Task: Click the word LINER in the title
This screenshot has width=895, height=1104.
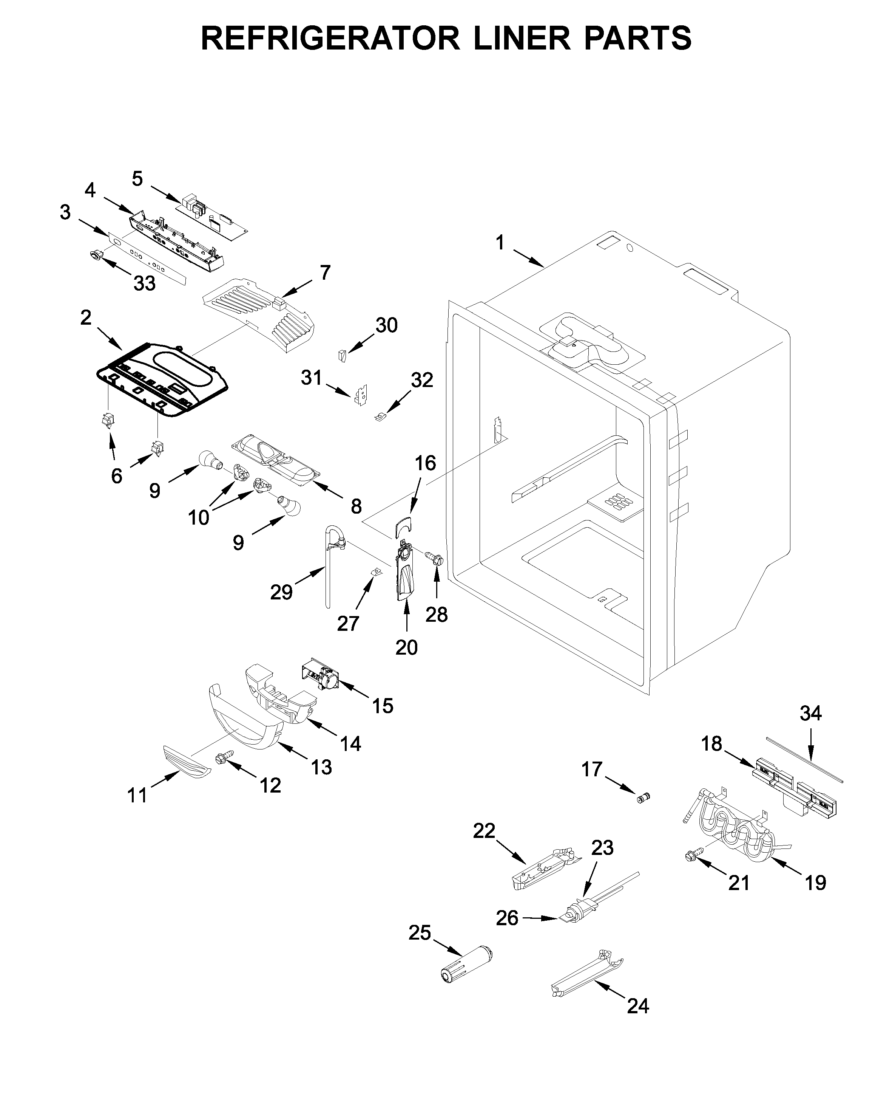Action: click(x=522, y=38)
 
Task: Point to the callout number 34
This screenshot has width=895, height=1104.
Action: click(x=810, y=714)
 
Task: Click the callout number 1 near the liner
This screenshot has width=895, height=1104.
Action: click(x=500, y=243)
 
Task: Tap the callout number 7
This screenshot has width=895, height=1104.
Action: click(x=325, y=273)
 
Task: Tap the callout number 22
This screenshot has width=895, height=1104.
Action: click(x=484, y=831)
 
